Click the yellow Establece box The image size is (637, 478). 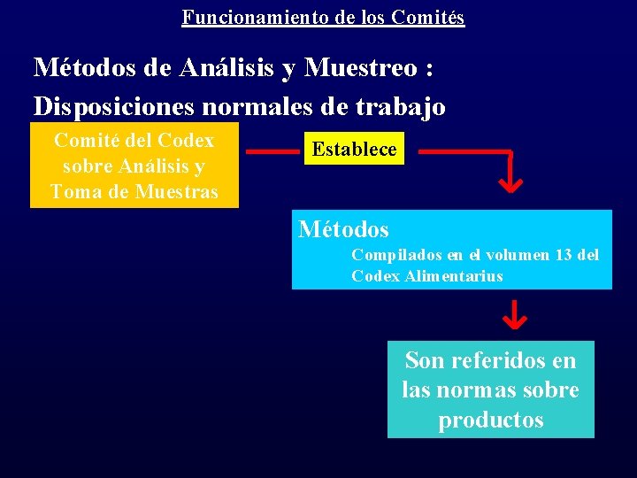pos(354,149)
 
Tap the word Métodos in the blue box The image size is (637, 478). pos(343,229)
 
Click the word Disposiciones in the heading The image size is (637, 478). pos(114,106)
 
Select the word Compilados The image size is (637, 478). pos(395,255)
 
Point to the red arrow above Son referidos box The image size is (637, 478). pos(515,314)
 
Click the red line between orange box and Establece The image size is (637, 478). pos(272,151)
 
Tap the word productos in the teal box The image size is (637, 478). pos(491,420)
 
